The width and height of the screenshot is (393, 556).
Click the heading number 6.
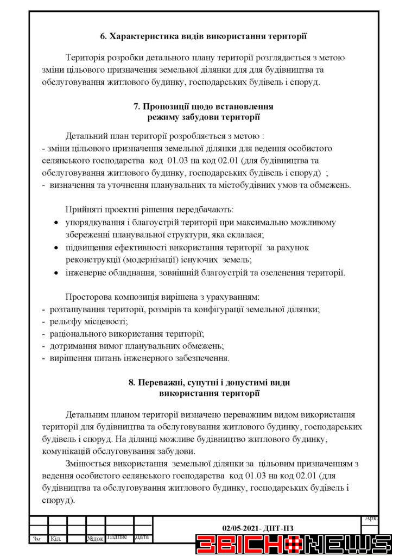click(104, 37)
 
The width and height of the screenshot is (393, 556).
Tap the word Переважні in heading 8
click(162, 382)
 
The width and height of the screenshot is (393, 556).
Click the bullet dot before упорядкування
click(58, 223)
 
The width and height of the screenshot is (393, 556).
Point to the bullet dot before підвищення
click(58, 248)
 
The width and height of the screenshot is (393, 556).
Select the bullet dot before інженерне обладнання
click(58, 273)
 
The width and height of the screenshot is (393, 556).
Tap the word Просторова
click(89, 297)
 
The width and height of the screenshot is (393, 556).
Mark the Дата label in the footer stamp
click(142, 538)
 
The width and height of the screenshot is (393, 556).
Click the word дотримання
click(72, 346)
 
